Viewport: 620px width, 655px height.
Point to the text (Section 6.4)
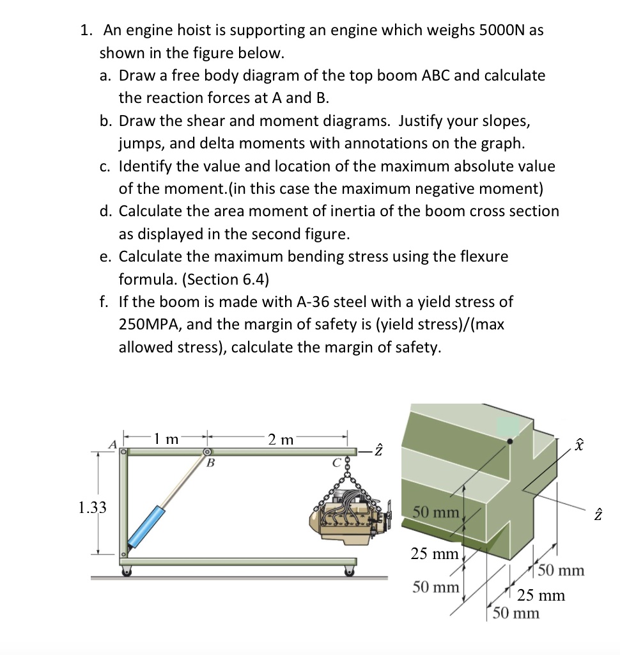[215, 280]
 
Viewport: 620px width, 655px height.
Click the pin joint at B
[207, 452]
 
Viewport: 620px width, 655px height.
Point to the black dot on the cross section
[509, 441]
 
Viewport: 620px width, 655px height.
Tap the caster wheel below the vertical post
[127, 571]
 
